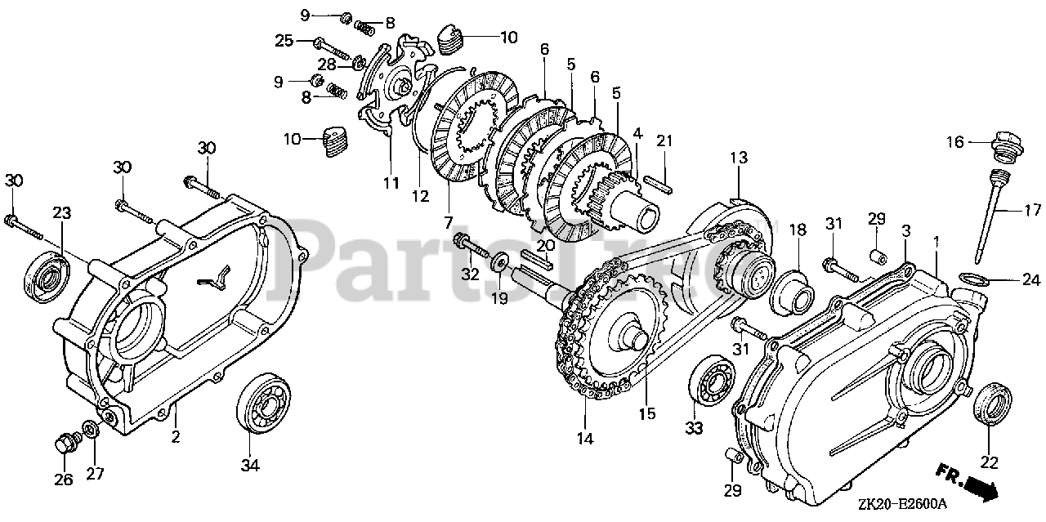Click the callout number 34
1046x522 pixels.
[250, 466]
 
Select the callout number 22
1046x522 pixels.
[989, 462]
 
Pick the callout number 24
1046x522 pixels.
[1031, 280]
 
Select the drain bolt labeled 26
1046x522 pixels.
[64, 444]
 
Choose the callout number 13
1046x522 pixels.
[739, 158]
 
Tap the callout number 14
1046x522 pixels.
[583, 438]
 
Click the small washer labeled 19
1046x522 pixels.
[497, 265]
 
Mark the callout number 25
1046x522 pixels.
[284, 40]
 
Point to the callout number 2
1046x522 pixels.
[175, 437]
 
